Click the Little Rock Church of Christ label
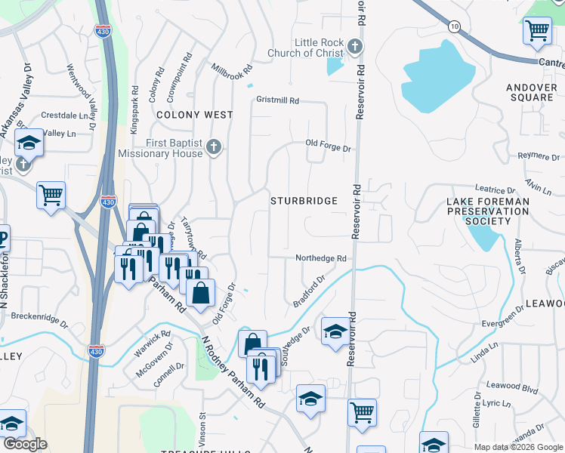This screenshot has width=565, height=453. click(x=308, y=48)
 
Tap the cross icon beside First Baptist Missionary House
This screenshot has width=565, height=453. click(x=214, y=147)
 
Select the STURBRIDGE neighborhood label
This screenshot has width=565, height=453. click(x=304, y=201)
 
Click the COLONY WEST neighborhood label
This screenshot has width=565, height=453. click(x=195, y=115)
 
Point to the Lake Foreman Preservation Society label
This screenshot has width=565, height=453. click(x=487, y=211)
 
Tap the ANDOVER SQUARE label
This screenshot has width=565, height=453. click(x=531, y=92)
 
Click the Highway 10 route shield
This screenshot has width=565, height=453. click(x=453, y=26)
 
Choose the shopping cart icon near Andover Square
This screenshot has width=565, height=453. click(x=537, y=30)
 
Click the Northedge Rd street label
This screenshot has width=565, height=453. click(x=320, y=258)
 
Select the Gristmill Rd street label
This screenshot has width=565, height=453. click(x=278, y=100)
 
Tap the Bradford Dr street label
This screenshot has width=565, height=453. click(x=309, y=291)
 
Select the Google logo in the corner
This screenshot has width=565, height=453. click(x=24, y=444)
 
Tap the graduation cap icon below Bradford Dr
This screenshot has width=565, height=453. click(x=335, y=331)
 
